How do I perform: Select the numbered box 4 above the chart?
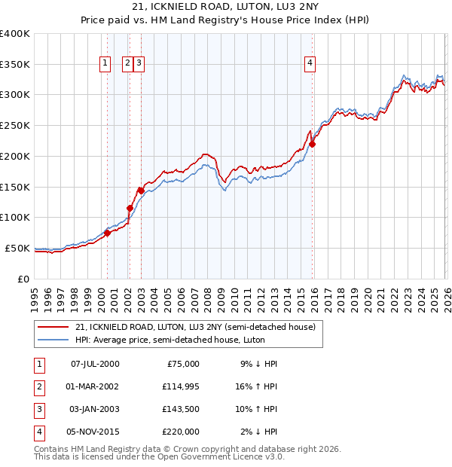pyautogui.click(x=310, y=63)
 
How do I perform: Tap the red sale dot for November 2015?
pyautogui.click(x=313, y=144)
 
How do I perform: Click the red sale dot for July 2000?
pyautogui.click(x=107, y=233)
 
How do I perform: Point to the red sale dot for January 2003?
pyautogui.click(x=141, y=191)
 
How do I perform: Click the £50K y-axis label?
pyautogui.click(x=17, y=248)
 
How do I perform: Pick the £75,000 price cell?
pyautogui.click(x=181, y=363)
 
